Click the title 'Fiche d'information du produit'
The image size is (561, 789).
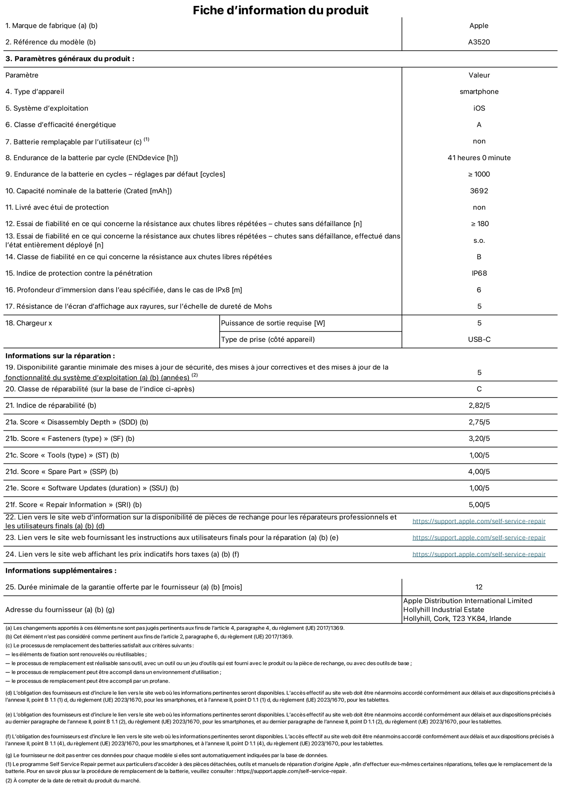(280, 10)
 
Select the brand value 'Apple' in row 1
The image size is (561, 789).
(479, 26)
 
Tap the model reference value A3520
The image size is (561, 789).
(479, 42)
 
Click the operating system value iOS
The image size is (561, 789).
(479, 108)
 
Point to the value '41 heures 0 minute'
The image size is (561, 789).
(479, 158)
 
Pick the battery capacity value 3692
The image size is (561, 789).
(479, 191)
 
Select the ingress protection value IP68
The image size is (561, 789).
(479, 273)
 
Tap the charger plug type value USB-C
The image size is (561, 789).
(479, 340)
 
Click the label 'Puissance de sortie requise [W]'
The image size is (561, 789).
(273, 323)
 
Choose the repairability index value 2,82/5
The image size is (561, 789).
(479, 405)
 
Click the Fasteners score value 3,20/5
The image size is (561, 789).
(479, 438)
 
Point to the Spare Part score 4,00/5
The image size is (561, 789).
(479, 472)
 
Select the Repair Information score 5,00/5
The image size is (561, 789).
(479, 505)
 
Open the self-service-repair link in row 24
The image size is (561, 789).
(479, 554)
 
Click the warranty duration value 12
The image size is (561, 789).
(479, 587)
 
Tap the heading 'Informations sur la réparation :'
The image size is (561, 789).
(60, 356)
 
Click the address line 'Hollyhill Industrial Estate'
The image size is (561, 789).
(444, 609)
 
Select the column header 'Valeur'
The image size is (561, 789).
(479, 75)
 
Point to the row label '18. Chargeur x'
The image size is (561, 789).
(29, 323)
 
